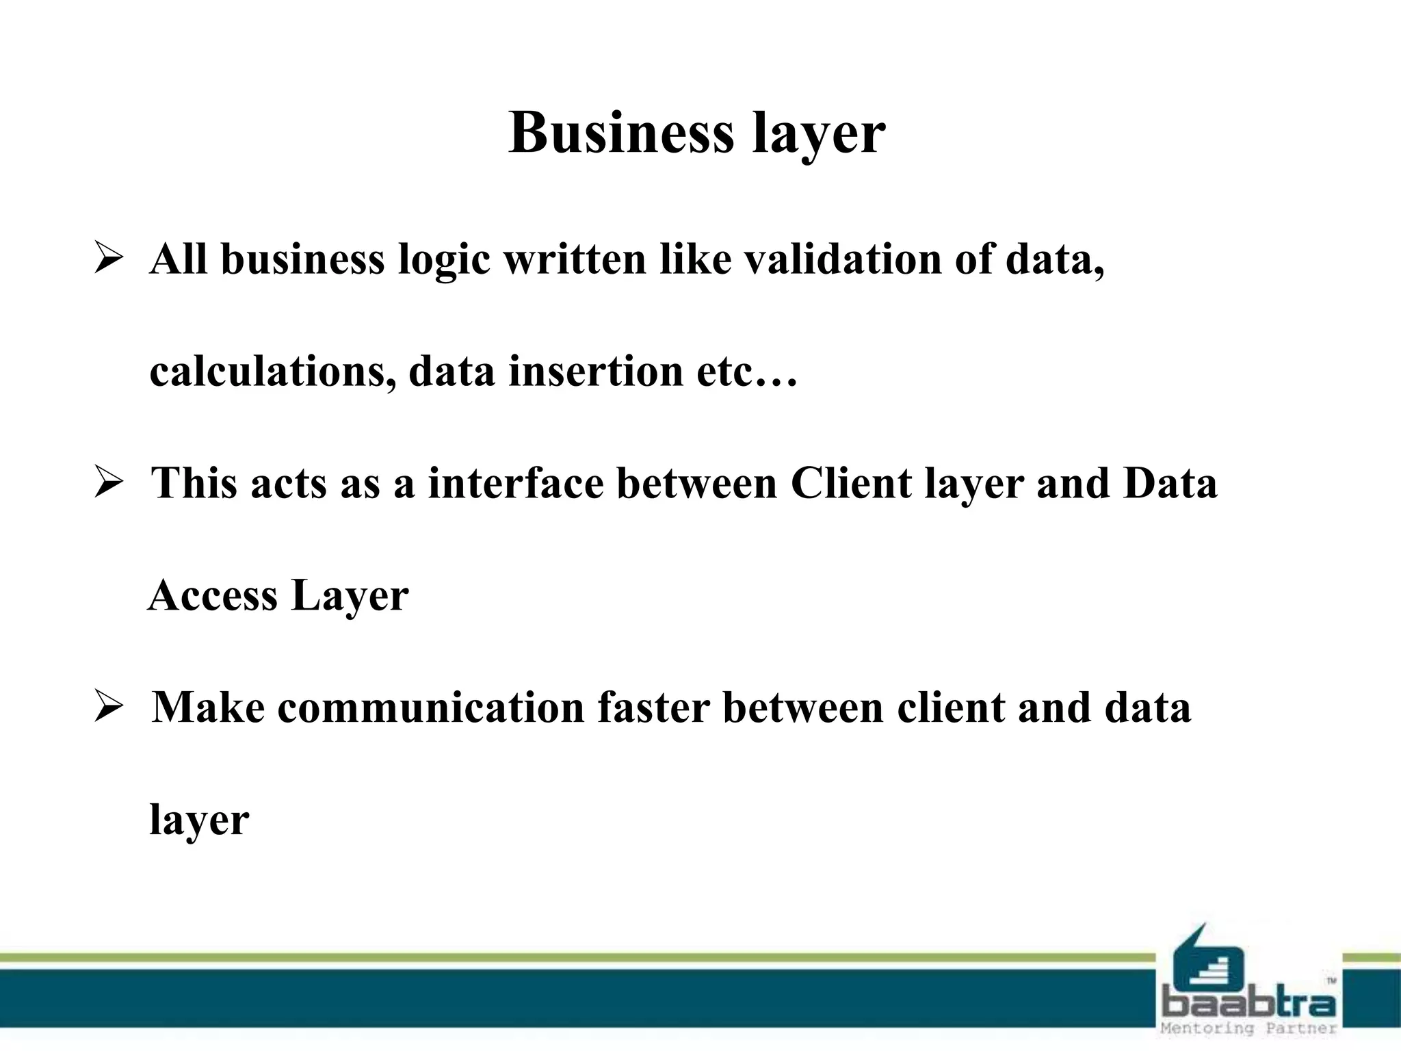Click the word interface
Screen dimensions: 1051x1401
pyautogui.click(x=516, y=483)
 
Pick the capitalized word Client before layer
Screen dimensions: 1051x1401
pyautogui.click(x=851, y=483)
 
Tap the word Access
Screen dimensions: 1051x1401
pyautogui.click(x=213, y=595)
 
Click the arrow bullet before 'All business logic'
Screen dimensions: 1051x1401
pyautogui.click(x=109, y=259)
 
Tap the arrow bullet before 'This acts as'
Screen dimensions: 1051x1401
pyautogui.click(x=109, y=483)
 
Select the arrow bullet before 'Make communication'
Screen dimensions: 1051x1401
pyautogui.click(x=109, y=707)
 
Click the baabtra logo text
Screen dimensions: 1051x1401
pyautogui.click(x=1248, y=1003)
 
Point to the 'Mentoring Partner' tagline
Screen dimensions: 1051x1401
pyautogui.click(x=1248, y=1028)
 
